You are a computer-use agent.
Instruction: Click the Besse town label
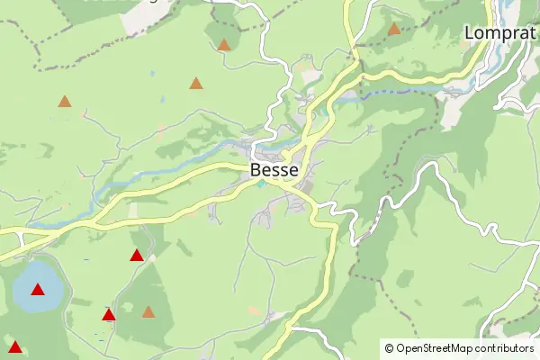274,168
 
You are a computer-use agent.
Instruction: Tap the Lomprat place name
500,32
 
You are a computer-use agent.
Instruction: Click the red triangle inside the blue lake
38,290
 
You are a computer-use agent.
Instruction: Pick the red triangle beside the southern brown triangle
109,315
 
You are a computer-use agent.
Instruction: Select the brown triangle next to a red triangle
148,312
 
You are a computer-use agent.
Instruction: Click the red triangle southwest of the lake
15,346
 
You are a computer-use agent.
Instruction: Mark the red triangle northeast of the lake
137,256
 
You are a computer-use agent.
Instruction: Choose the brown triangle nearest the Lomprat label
394,29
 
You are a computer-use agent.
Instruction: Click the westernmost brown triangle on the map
65,102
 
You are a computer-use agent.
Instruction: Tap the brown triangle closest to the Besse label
196,84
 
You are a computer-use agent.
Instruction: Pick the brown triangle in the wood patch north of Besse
224,44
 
